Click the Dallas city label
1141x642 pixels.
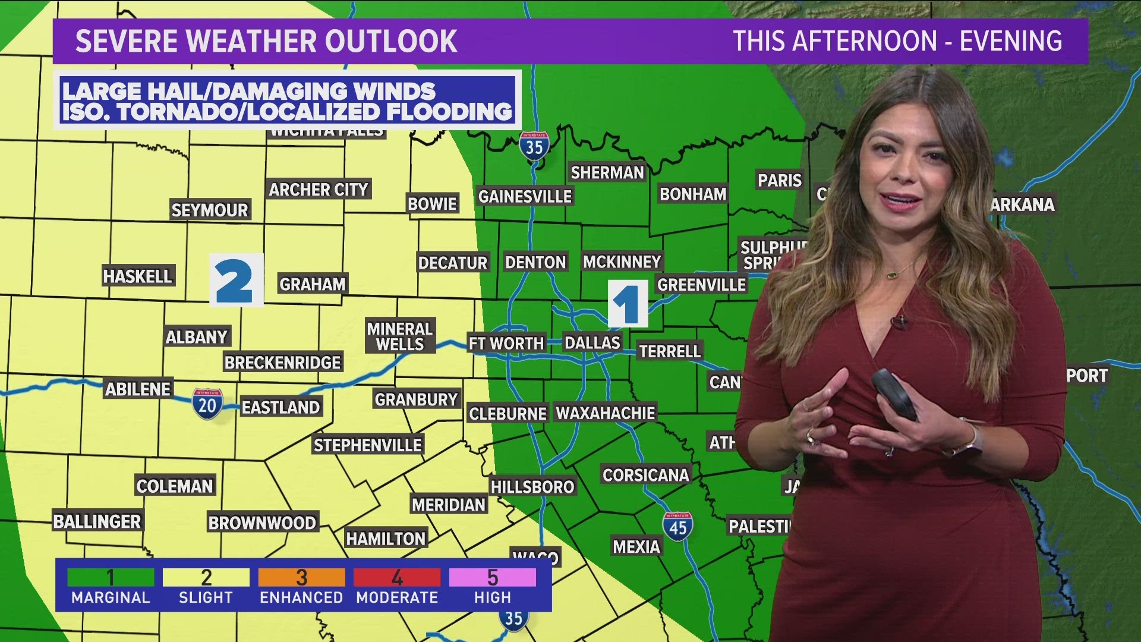(x=592, y=343)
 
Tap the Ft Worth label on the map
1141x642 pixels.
(x=506, y=344)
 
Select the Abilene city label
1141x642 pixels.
(x=138, y=389)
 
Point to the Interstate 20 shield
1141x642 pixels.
(x=207, y=404)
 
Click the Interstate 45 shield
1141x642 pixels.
(x=677, y=526)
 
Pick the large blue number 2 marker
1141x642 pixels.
(x=236, y=280)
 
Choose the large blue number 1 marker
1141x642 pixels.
(x=628, y=304)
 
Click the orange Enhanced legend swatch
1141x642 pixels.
(x=301, y=577)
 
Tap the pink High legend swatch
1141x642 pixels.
(x=492, y=577)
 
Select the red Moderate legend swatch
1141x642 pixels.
(x=397, y=577)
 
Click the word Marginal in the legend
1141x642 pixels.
(x=111, y=597)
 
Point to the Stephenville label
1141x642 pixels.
(x=368, y=445)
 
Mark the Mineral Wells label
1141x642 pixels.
(x=400, y=336)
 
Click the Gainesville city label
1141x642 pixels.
(x=525, y=197)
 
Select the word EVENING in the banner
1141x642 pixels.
(x=1011, y=42)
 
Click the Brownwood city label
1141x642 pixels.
(x=262, y=523)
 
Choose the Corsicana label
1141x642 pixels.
(x=645, y=476)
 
